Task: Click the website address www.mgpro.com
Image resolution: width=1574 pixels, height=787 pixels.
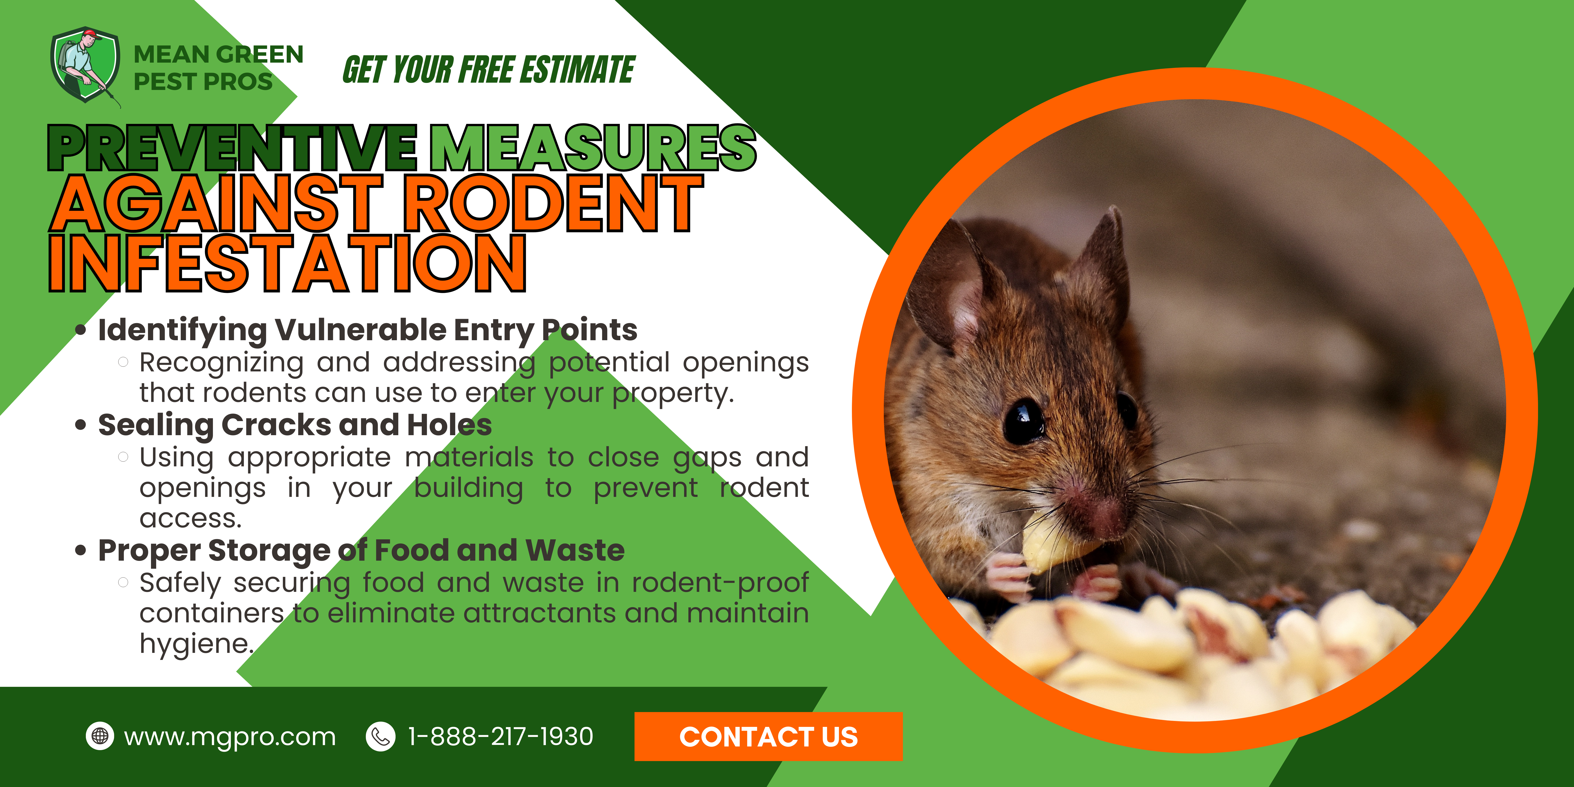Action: pyautogui.click(x=230, y=737)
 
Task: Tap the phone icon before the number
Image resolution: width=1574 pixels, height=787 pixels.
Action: pyautogui.click(x=380, y=736)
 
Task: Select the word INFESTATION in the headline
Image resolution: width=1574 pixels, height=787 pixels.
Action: pyautogui.click(x=287, y=263)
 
